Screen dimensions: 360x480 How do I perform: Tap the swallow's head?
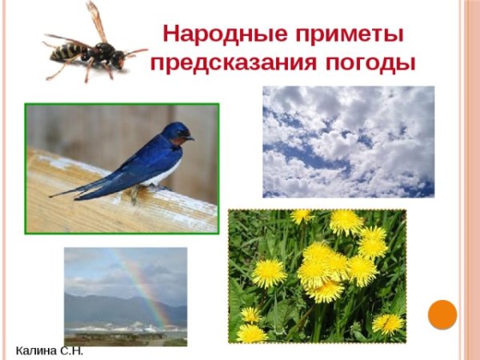(x=176, y=132)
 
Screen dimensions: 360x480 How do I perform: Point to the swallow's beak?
(x=191, y=138)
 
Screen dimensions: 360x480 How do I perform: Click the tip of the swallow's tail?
(x=53, y=194)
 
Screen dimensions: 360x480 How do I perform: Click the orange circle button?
(x=442, y=314)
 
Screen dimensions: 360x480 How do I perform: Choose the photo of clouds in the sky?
(x=348, y=142)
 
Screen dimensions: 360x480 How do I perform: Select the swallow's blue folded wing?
(x=136, y=164)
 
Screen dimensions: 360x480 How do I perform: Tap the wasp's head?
(x=119, y=58)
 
